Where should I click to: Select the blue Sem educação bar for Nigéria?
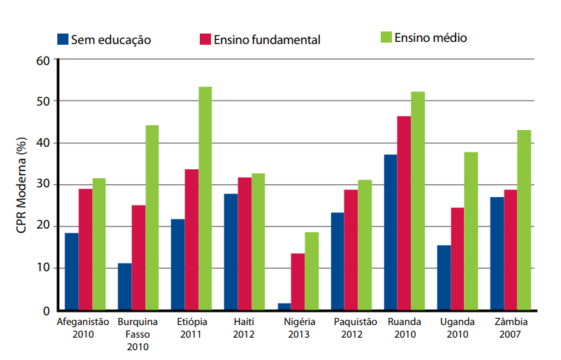tap(284, 306)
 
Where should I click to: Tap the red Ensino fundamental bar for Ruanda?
tap(404, 213)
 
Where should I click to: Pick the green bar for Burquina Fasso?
tap(152, 217)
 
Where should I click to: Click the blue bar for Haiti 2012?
tap(231, 252)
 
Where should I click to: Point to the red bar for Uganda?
tap(457, 258)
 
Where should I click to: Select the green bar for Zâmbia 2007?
tap(524, 219)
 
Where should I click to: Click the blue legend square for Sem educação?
tap(62, 38)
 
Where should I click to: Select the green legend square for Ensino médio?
tap(386, 37)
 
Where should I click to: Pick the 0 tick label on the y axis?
tap(46, 310)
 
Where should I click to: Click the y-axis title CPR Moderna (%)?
tap(22, 185)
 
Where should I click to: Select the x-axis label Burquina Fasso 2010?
tap(138, 333)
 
